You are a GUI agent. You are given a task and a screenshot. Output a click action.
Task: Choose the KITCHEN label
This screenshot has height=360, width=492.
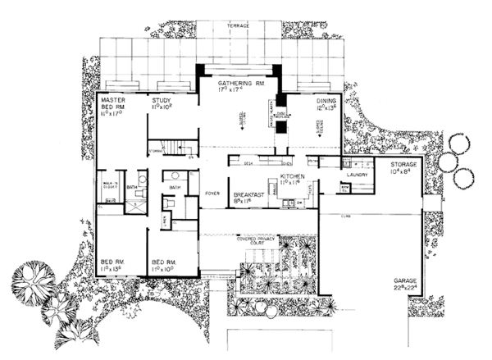pyautogui.click(x=293, y=176)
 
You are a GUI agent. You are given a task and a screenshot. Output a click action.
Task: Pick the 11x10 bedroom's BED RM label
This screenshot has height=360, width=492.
pyautogui.click(x=164, y=262)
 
